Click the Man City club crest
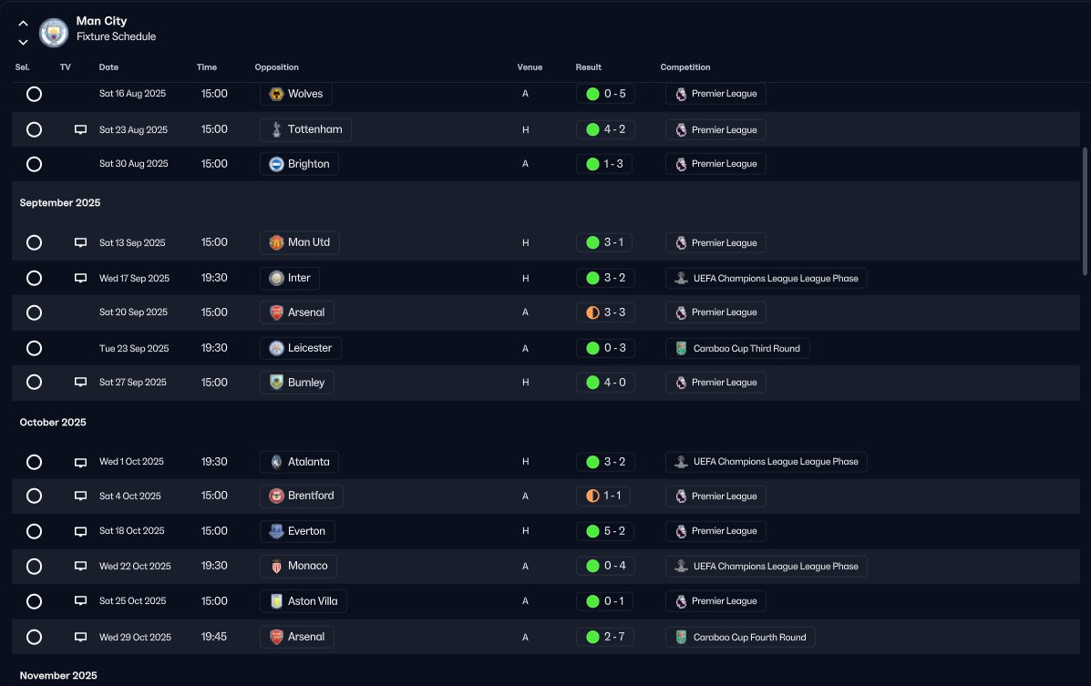[x=55, y=34]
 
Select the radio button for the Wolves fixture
[x=34, y=94]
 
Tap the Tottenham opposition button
[x=305, y=129]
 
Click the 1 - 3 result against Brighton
[x=605, y=164]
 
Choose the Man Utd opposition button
[x=299, y=242]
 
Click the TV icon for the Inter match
[x=80, y=278]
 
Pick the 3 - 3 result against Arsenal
[x=605, y=312]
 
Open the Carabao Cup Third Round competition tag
[x=737, y=348]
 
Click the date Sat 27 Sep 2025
[x=133, y=383]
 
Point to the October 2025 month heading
[x=53, y=423]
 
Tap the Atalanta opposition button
[x=299, y=462]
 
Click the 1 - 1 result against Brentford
[x=605, y=497]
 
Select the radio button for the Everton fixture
[x=34, y=531]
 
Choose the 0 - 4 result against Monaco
[x=605, y=566]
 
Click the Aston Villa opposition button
[x=304, y=601]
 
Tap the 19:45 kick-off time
[x=214, y=637]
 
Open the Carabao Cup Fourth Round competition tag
[x=740, y=637]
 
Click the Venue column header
[x=530, y=67]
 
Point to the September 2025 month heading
[x=60, y=202]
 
